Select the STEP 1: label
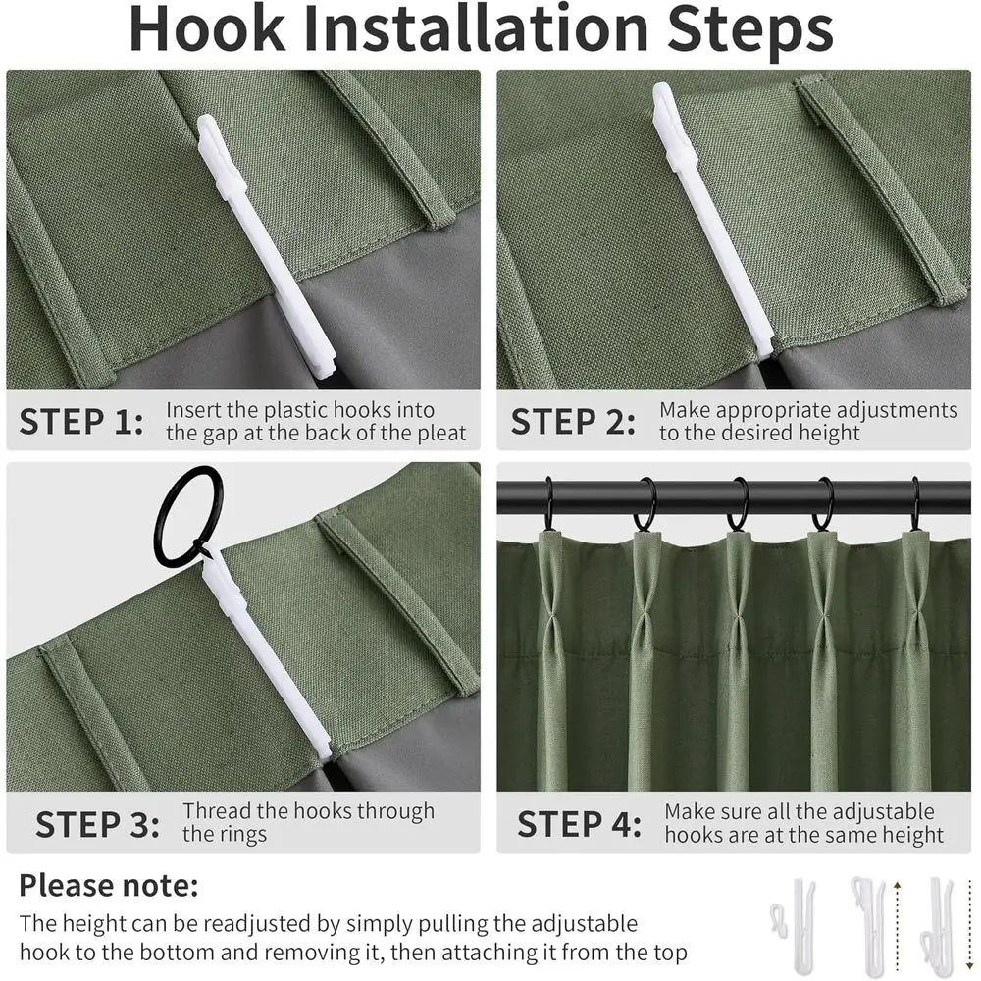(81, 422)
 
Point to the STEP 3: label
(97, 824)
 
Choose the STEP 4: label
(580, 824)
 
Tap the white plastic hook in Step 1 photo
(264, 245)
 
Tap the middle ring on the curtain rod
(738, 505)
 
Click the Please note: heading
(109, 886)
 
